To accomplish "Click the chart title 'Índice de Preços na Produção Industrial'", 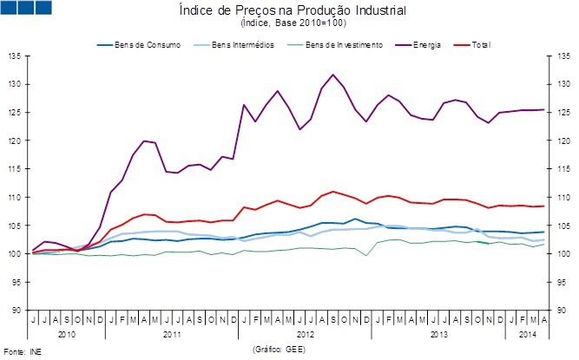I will click(x=292, y=10).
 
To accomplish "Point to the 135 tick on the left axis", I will click(x=15, y=56).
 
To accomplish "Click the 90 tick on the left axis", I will click(x=16, y=310).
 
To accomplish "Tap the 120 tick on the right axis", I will click(x=561, y=141).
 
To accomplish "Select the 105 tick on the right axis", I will click(x=561, y=226).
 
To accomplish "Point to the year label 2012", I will click(x=306, y=333).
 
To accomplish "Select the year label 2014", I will click(x=527, y=333).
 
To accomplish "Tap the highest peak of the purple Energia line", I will click(x=332, y=75).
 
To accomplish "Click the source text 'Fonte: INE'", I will click(x=22, y=351).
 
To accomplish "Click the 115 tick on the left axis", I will click(x=15, y=169).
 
